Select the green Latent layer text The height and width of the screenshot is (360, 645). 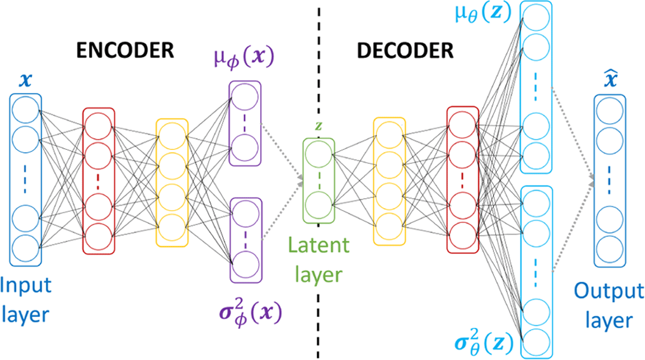coord(319,260)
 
